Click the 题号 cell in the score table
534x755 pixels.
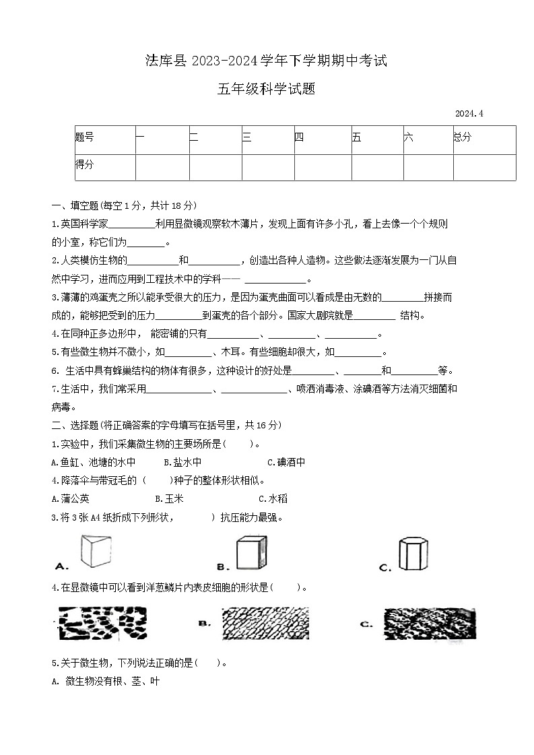coord(85,137)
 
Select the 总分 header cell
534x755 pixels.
coord(463,137)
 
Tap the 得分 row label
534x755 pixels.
coord(85,164)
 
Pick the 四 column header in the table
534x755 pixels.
coord(300,137)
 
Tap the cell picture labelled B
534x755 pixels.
coord(265,624)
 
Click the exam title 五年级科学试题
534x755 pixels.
coord(267,89)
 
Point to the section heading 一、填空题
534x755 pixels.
coord(75,205)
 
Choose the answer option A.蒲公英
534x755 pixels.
coord(71,498)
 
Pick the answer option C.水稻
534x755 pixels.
coord(273,498)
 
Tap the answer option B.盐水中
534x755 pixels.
coord(182,462)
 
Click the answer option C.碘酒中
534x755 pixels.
coord(286,462)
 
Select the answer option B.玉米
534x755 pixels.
coord(169,498)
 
